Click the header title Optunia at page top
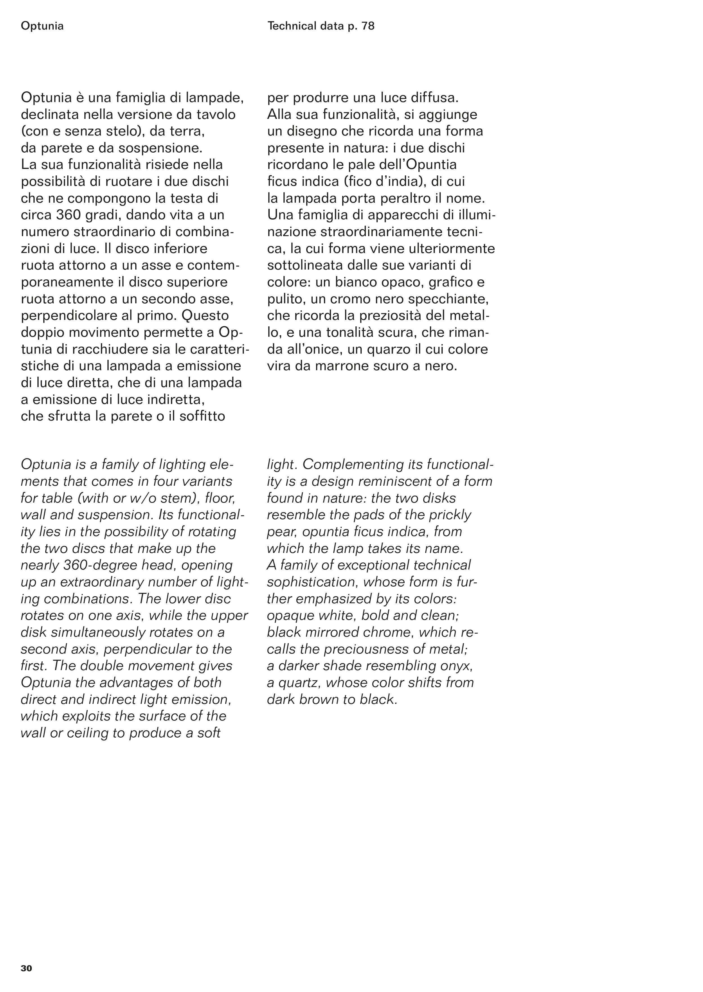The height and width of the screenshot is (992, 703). click(42, 26)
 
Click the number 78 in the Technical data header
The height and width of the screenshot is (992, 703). click(368, 26)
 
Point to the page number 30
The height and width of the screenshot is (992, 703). click(26, 968)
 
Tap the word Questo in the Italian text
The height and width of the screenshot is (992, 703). click(205, 315)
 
